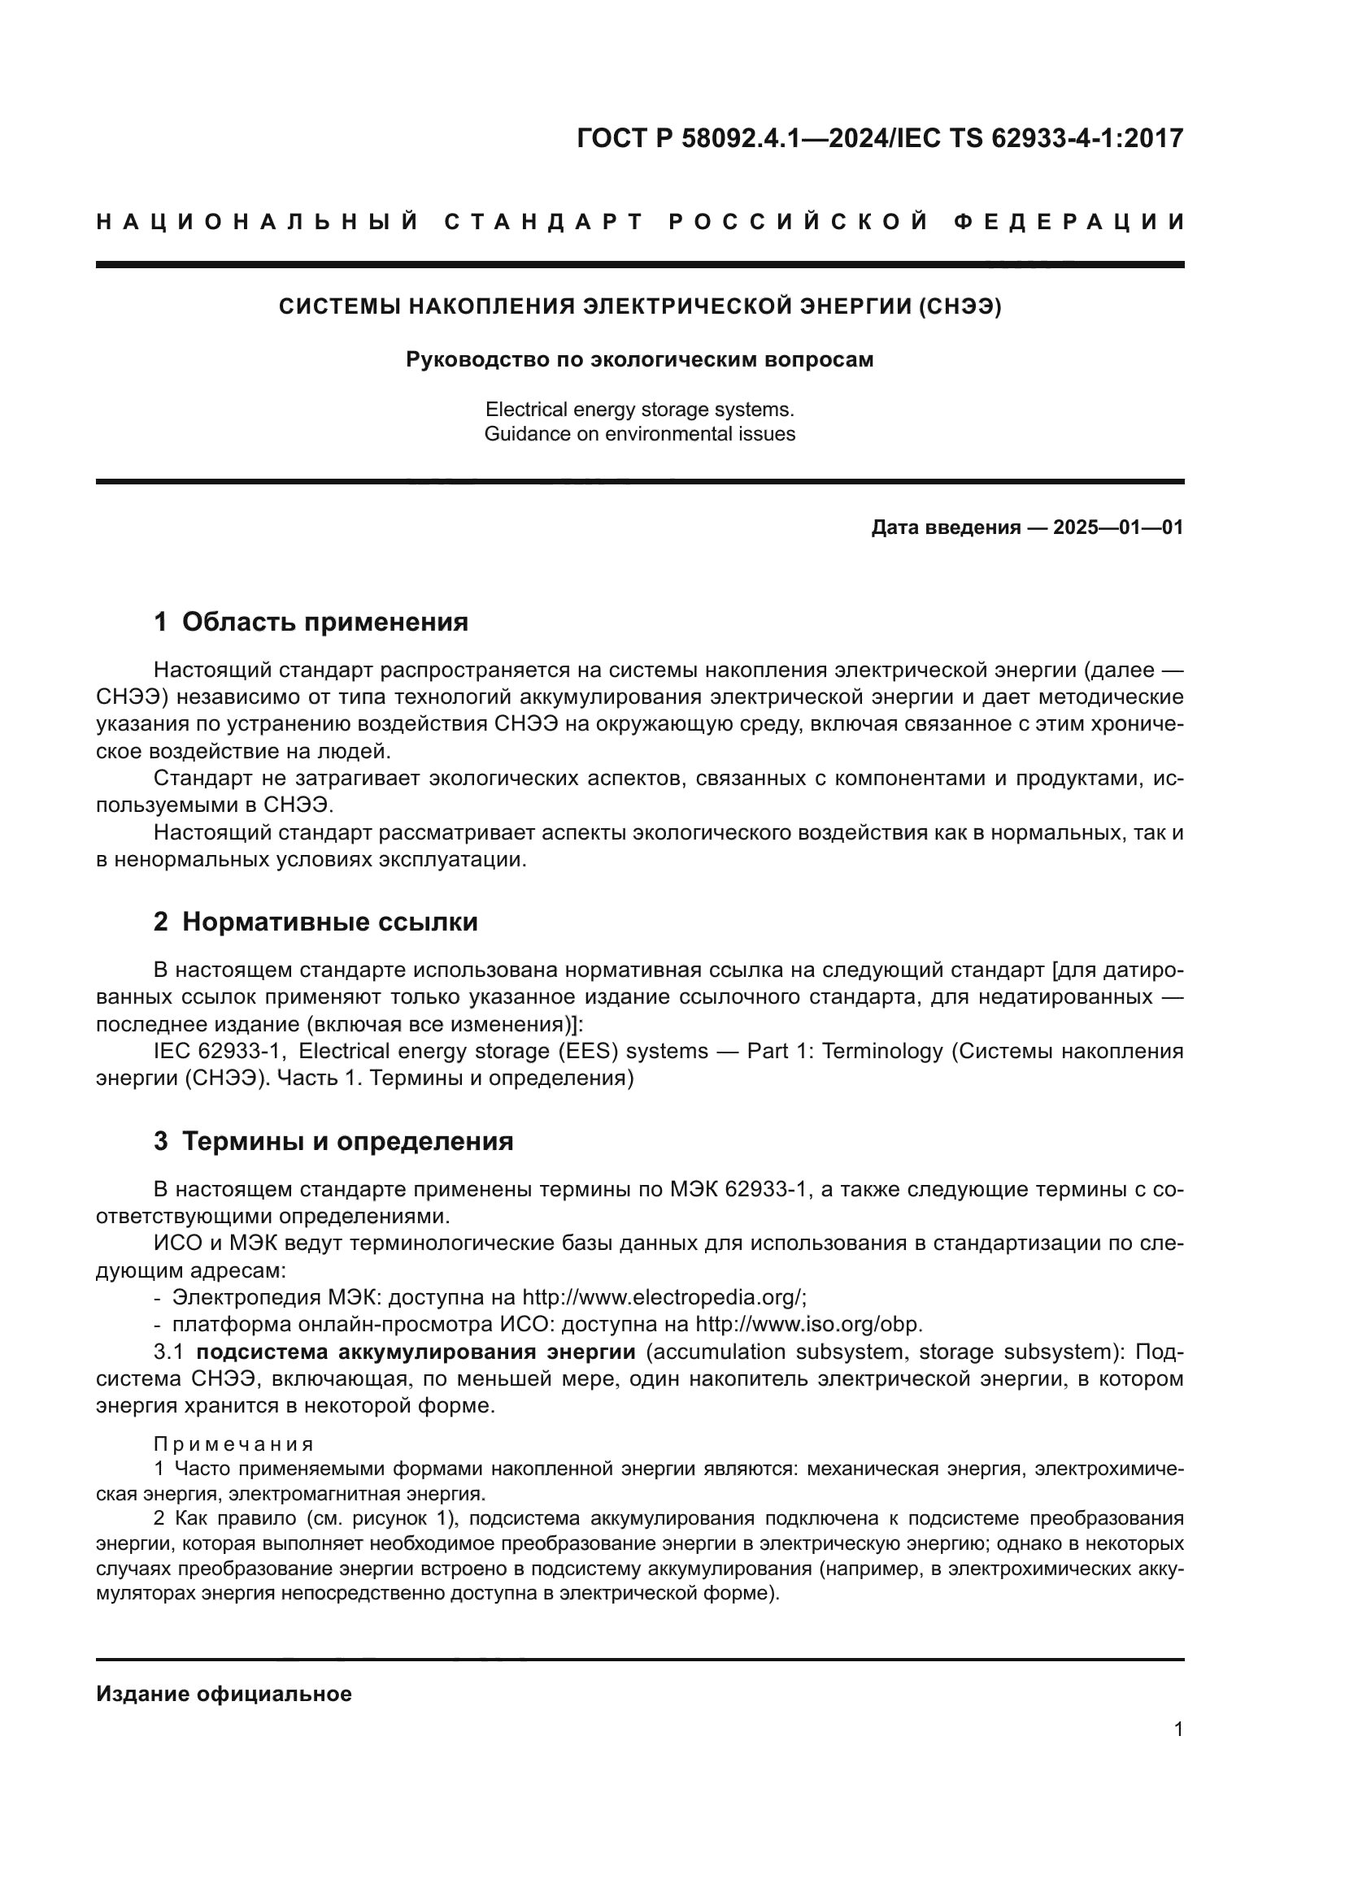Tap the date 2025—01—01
(1118, 527)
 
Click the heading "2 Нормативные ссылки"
(316, 922)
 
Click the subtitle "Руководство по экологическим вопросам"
(639, 360)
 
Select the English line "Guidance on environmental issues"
(639, 434)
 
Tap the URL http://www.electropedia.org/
(664, 1296)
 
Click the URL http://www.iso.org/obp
(808, 1324)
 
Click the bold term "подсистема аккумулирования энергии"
(416, 1352)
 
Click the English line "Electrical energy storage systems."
(639, 410)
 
